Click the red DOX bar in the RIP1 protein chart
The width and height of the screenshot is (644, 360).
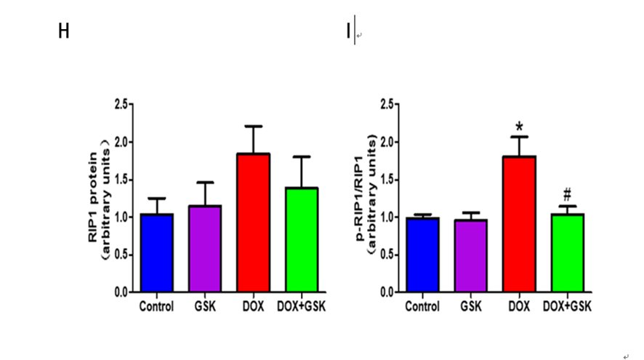pyautogui.click(x=254, y=222)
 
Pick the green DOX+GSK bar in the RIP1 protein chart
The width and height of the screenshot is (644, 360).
pyautogui.click(x=302, y=239)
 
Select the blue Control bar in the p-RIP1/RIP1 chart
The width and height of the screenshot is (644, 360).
pyautogui.click(x=422, y=255)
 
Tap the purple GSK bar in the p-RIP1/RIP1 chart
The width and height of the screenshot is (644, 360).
pyautogui.click(x=470, y=255)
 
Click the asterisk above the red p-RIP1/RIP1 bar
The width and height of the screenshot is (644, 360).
pyautogui.click(x=519, y=127)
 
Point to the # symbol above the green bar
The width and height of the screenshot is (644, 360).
pyautogui.click(x=567, y=196)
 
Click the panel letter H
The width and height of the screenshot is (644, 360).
pyautogui.click(x=64, y=32)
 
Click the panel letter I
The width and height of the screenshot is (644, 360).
pyautogui.click(x=348, y=32)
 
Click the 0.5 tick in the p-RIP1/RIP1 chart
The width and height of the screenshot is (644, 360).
pyautogui.click(x=387, y=255)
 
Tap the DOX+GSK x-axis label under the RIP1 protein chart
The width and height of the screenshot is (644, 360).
pyautogui.click(x=302, y=306)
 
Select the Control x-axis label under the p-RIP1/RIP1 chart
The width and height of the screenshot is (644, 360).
pyautogui.click(x=422, y=306)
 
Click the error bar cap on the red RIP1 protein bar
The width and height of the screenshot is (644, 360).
pyautogui.click(x=254, y=127)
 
